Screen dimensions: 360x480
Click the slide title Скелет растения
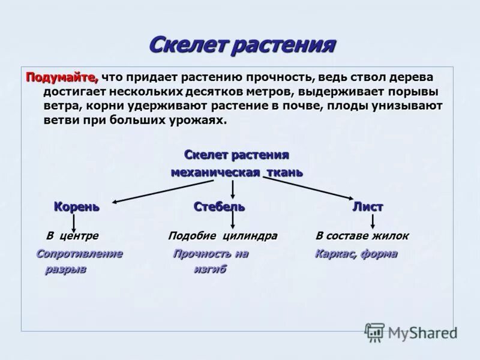pos(241,45)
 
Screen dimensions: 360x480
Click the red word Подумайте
pos(60,77)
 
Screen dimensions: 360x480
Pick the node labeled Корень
pos(77,207)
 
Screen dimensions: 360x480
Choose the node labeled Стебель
pos(219,207)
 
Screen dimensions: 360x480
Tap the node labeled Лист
pos(367,207)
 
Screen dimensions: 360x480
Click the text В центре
pos(73,236)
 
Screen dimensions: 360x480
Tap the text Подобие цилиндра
pos(223,236)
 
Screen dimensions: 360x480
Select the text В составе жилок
pos(362,236)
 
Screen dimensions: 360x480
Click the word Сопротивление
pos(80,254)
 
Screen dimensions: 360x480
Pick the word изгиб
pos(210,270)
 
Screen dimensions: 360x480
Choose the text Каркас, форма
pos(356,254)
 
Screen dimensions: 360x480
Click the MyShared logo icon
pos(375,332)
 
